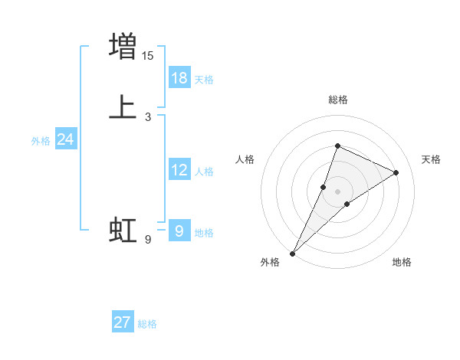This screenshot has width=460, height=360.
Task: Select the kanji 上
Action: (123, 106)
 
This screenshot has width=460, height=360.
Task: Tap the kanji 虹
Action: (123, 230)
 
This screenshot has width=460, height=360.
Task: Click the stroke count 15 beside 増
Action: (148, 55)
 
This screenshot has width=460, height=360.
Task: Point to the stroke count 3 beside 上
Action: (148, 117)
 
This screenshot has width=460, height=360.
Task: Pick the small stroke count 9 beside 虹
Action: (148, 240)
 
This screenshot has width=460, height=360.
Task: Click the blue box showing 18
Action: (179, 78)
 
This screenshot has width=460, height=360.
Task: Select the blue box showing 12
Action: (179, 170)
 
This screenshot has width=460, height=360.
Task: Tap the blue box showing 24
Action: (66, 139)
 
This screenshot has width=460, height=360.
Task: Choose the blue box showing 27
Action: (123, 322)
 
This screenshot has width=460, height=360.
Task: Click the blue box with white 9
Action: (179, 231)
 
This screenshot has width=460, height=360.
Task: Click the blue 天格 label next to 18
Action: (204, 80)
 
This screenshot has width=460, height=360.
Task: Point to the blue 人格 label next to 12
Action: (204, 172)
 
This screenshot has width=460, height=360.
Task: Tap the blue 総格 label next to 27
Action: (147, 324)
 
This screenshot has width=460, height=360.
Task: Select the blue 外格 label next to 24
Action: (41, 141)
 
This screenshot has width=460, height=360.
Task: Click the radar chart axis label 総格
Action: (337, 100)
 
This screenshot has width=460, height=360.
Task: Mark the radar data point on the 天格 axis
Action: (396, 172)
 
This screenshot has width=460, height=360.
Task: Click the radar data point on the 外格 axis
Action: (292, 253)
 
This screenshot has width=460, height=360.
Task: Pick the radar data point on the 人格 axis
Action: (324, 186)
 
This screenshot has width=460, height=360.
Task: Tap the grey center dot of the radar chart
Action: (337, 191)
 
